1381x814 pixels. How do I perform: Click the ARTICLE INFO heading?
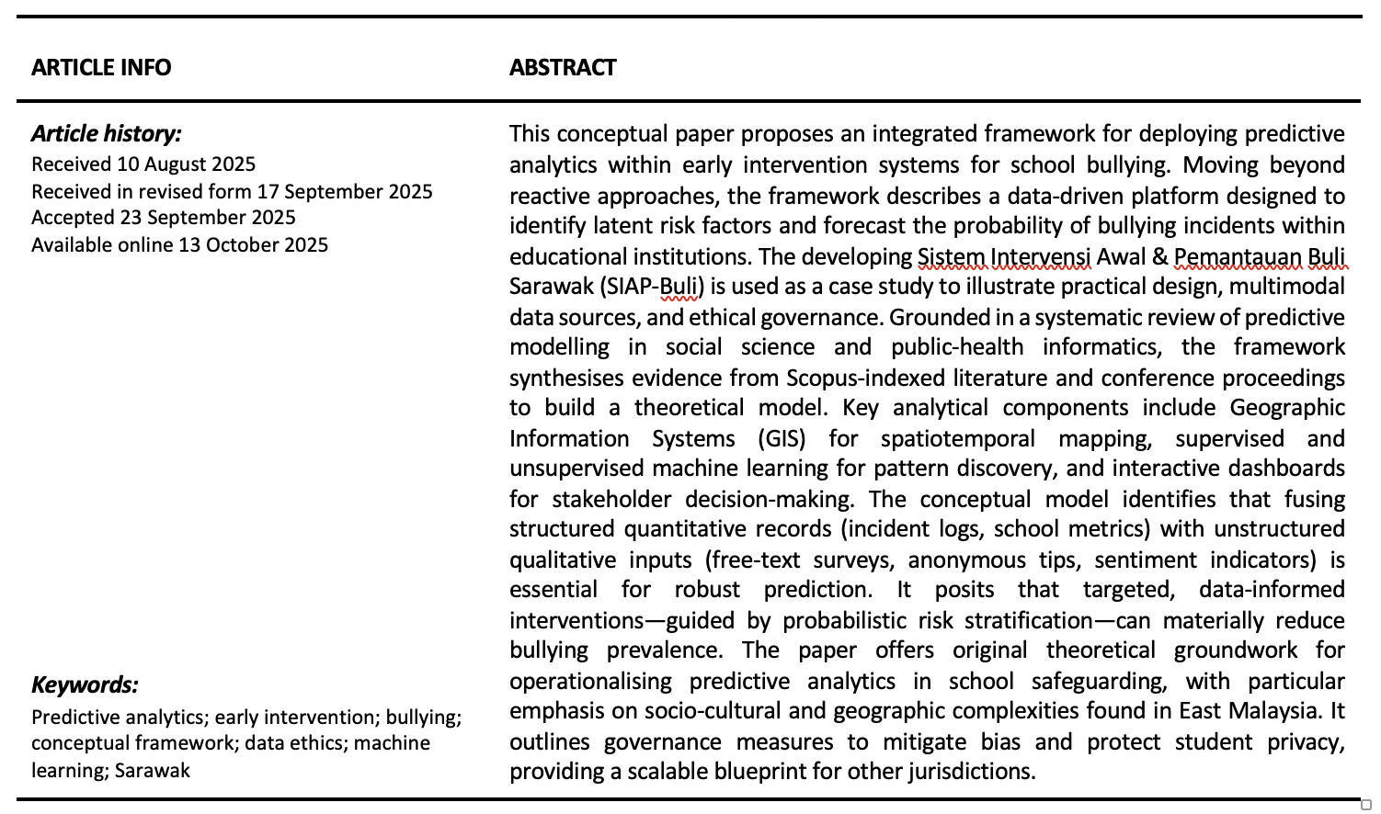101,68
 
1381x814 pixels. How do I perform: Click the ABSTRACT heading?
563,68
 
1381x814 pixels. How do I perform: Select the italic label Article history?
107,134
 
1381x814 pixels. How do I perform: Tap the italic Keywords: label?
85,685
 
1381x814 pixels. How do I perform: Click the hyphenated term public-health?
957,347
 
